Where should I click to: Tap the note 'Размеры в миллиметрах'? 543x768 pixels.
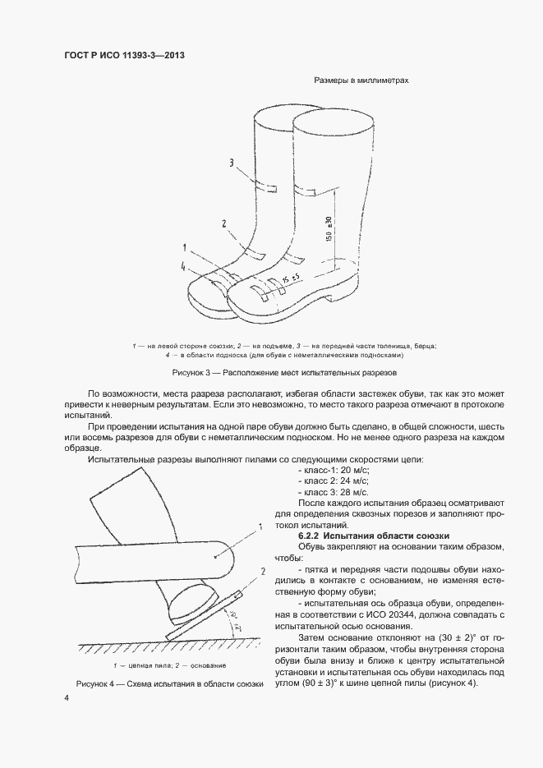coord(361,80)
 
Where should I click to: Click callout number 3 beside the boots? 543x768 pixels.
coord(232,163)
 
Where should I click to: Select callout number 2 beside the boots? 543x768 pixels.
coord(223,223)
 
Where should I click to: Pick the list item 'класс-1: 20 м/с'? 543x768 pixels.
coord(331,467)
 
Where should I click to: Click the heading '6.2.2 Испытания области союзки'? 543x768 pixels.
coord(373,535)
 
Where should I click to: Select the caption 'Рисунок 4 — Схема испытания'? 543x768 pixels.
coord(170,683)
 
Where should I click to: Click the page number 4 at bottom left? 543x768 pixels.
coord(67,697)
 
